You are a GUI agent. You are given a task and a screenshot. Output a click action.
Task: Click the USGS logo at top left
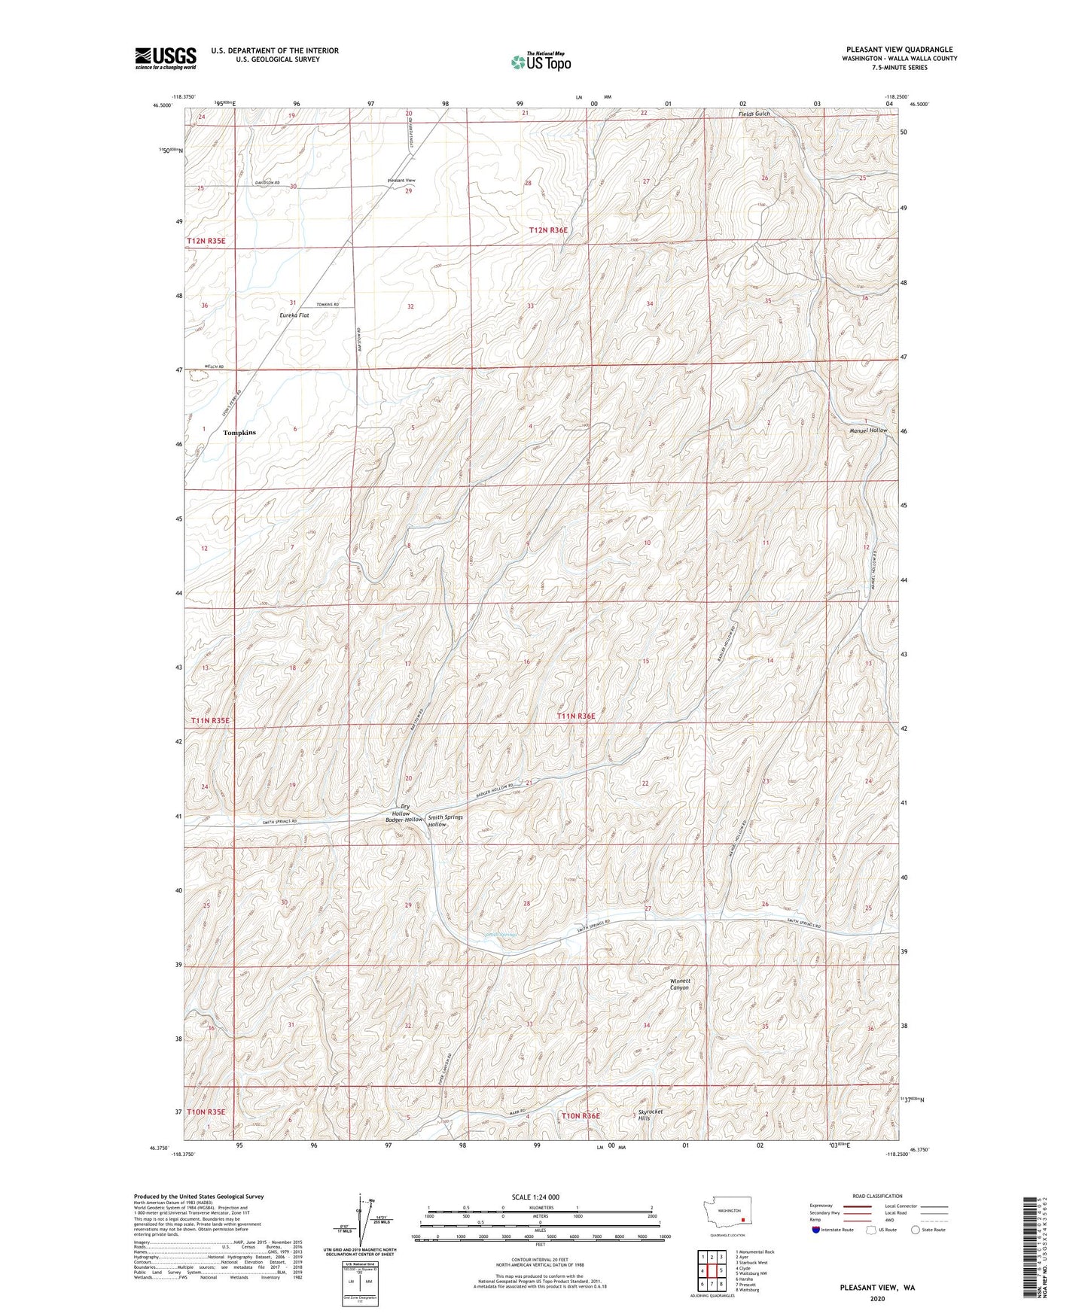point(166,58)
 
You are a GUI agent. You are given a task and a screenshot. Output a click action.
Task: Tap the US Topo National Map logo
point(541,62)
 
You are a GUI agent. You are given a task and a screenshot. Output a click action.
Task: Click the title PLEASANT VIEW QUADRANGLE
point(899,50)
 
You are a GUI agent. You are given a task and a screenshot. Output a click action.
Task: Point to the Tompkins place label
point(239,433)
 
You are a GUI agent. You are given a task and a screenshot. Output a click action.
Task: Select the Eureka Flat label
point(294,315)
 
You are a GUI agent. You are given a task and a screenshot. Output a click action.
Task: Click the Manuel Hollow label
point(867,430)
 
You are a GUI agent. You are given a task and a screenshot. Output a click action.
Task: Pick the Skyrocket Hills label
point(654,1115)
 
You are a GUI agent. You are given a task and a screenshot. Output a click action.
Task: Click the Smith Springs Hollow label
point(445,821)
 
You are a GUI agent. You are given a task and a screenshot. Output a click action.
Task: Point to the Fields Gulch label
point(753,114)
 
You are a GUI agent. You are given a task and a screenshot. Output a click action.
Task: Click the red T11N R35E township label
point(209,720)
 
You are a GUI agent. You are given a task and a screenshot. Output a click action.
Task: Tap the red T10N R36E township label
point(581,1115)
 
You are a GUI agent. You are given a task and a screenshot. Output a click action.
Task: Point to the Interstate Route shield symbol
point(816,1230)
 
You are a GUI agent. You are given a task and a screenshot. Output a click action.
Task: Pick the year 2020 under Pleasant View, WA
point(877,1298)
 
